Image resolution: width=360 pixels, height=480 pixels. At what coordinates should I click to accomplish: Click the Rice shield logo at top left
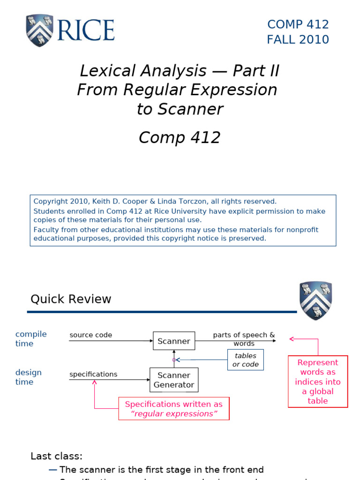39,30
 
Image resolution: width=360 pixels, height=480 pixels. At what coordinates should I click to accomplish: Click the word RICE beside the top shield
86,30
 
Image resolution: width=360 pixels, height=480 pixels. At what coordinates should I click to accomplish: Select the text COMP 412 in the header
298,24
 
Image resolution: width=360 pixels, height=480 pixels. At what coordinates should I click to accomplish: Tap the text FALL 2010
298,40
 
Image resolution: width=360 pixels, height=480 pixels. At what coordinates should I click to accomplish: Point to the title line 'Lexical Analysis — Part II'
179,71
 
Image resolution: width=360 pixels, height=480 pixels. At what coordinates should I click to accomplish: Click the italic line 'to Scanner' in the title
180,109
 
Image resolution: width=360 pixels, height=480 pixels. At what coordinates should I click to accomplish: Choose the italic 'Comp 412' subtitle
180,138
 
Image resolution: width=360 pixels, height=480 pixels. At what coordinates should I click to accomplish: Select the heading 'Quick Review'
71,299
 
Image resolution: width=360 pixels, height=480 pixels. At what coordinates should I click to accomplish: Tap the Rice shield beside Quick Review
315,300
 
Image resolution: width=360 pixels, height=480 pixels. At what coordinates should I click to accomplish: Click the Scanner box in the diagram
174,341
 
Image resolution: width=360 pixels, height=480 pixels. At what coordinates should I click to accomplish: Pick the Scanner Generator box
174,380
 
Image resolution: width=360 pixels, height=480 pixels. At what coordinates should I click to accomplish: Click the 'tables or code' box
246,360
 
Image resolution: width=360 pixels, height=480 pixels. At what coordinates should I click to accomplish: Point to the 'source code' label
90,335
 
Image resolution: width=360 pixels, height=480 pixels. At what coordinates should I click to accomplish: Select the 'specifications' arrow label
93,374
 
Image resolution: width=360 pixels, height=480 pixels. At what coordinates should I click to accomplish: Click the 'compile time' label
31,338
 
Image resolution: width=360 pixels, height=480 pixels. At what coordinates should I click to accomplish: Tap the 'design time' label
28,377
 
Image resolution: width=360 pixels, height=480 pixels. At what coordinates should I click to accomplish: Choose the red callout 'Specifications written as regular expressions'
173,409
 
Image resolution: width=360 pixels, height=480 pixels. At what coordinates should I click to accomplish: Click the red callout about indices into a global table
318,382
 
